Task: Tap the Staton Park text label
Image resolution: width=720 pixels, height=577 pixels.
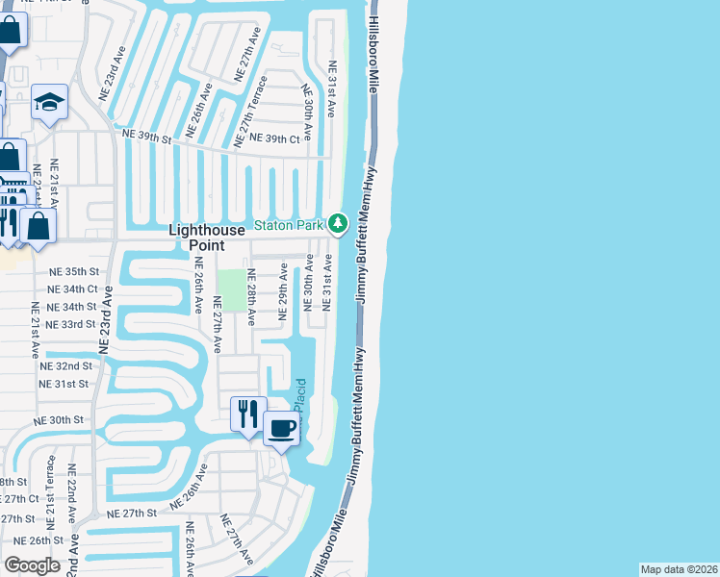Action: point(288,225)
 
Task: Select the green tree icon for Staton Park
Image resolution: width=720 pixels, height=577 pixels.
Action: point(337,224)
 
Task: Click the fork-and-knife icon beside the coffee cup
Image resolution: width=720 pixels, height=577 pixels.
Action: point(248,414)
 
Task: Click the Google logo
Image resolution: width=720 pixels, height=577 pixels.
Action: point(33,564)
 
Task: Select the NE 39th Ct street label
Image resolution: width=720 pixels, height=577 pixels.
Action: point(274,139)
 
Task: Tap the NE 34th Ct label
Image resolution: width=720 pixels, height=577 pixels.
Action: point(73,288)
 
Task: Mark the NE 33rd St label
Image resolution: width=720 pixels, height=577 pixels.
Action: point(72,324)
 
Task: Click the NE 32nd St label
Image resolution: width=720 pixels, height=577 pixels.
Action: point(66,366)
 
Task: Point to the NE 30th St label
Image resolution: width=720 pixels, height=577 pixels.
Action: point(60,420)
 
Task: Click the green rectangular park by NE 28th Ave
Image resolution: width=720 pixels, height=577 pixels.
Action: point(230,286)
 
